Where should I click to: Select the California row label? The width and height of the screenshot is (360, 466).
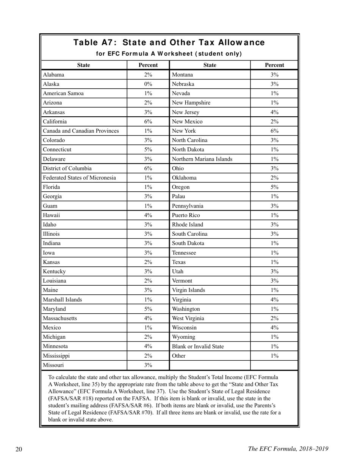point(55,122)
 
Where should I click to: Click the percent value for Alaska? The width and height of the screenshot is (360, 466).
point(148,84)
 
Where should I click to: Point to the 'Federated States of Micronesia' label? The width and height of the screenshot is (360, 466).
point(80,178)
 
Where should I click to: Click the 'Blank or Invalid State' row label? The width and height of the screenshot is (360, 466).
point(197,346)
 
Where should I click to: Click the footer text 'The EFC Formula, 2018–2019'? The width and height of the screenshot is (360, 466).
point(288,449)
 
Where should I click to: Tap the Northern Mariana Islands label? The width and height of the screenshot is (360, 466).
point(202,159)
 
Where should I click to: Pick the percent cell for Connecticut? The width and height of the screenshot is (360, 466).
point(148,150)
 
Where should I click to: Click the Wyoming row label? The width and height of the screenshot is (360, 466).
point(184,337)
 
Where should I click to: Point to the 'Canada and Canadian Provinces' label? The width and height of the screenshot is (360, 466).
point(81,131)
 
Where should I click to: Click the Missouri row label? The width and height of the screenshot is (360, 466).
point(53,365)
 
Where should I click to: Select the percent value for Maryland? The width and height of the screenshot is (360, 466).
point(148,309)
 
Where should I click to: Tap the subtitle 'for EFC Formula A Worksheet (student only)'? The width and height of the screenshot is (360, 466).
point(169,54)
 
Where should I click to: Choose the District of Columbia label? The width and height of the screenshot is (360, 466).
point(67,168)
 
